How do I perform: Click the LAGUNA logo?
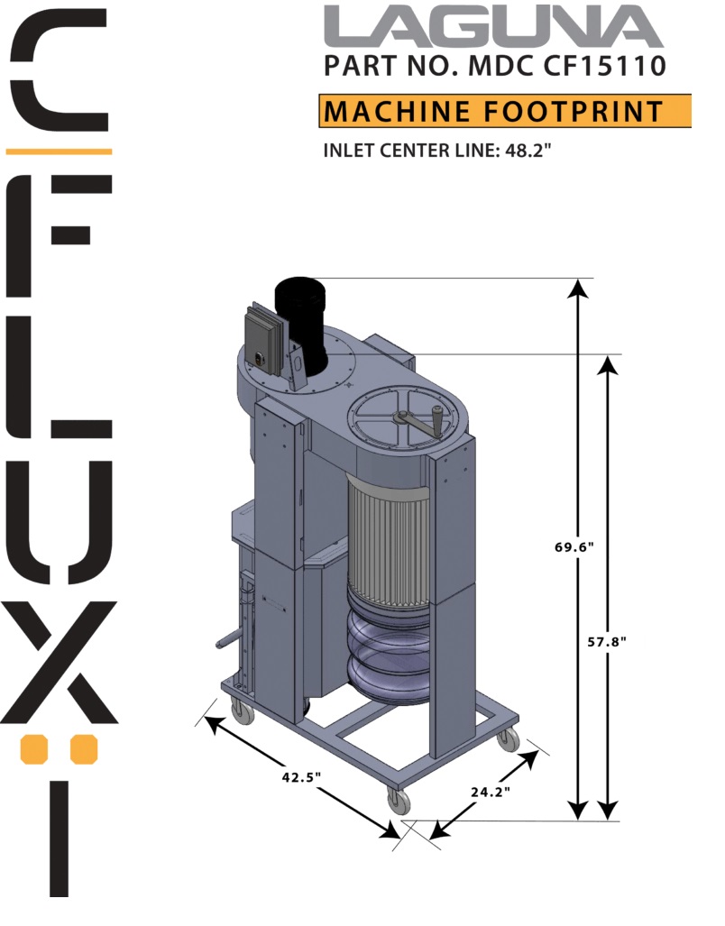493,27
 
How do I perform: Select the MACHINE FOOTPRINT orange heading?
504,111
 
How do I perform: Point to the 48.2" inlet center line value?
528,150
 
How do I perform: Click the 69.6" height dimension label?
574,546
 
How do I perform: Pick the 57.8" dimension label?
606,641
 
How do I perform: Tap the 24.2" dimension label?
491,792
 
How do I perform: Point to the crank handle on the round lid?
420,422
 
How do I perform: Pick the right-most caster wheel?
509,740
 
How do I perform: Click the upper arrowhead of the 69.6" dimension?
578,288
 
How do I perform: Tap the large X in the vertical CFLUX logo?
59,663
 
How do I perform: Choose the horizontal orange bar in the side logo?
59,150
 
